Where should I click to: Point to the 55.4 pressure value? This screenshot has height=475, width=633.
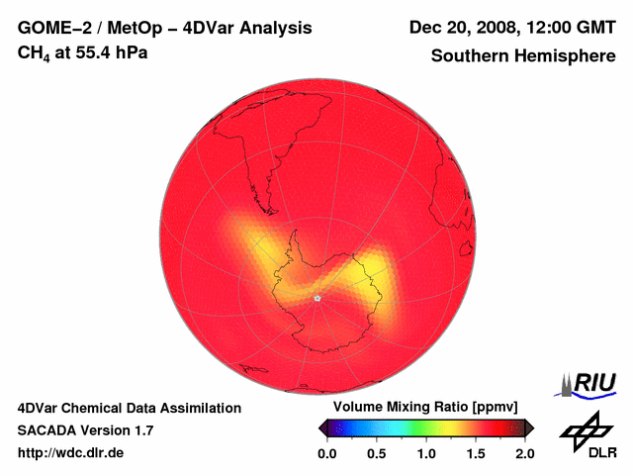(94, 51)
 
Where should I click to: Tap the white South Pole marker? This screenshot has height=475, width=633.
(316, 298)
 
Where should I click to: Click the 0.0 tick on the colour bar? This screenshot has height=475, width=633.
(326, 454)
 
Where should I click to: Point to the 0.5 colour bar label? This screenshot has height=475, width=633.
(376, 454)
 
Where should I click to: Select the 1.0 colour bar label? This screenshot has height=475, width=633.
(425, 454)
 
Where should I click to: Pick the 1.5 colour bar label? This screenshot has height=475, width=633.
(476, 454)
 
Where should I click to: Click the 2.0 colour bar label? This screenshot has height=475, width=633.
(525, 454)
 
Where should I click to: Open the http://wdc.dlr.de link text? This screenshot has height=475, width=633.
(72, 453)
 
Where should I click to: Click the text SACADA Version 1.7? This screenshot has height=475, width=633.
(86, 430)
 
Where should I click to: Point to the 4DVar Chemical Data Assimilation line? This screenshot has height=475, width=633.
(130, 408)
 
